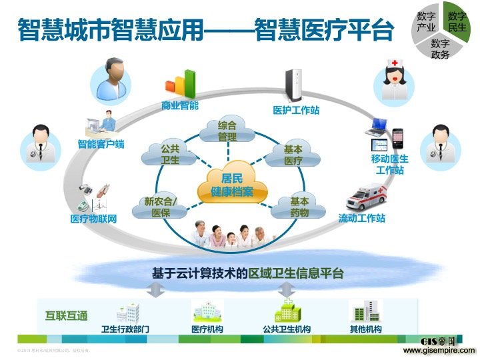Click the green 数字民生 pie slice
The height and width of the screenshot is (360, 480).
457,22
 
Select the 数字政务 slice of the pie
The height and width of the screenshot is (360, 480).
441,49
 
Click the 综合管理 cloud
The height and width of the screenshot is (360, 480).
227,131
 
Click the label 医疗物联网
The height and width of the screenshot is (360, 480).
94,219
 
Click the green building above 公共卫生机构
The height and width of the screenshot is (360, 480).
287,311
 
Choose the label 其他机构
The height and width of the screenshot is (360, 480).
366,329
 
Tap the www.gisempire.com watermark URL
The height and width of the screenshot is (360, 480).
439,350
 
